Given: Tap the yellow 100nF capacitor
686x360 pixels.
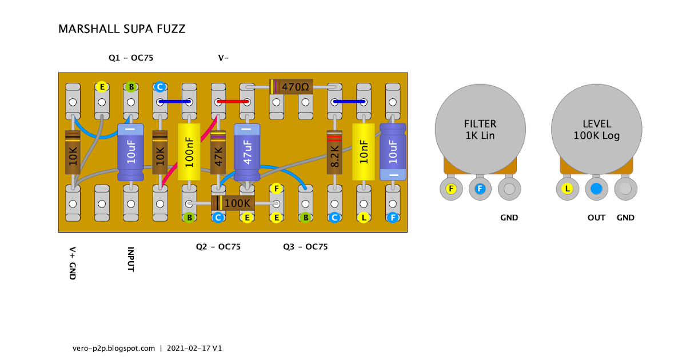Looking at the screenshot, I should coord(189,153).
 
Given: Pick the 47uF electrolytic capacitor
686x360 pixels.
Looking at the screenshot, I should coord(247,153).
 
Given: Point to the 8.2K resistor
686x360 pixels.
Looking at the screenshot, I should coord(334,152).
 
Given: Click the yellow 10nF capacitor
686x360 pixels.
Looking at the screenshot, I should coord(364,152).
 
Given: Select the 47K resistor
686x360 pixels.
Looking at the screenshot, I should coord(218,153).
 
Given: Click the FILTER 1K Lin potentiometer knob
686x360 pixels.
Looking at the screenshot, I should coord(480,130).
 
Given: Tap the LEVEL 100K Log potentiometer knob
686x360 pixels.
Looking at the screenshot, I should coord(596,130).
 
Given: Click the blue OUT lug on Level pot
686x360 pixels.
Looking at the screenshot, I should coord(596,189).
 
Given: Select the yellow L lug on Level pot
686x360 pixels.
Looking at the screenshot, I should coord(567,189).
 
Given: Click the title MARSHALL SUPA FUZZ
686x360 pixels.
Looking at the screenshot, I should coord(122,29).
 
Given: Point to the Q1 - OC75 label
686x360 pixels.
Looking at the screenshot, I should coord(131,58).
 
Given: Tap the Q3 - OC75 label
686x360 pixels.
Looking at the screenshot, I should coord(305,247).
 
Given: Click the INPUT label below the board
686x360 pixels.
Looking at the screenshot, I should coord(131,259).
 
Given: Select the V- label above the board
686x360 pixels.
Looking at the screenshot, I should coord(224,58).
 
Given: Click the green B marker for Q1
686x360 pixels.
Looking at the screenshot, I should coord(131,87).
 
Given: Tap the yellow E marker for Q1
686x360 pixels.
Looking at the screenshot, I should coord(102,87).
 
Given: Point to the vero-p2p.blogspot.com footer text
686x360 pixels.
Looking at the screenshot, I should coord(114,347).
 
